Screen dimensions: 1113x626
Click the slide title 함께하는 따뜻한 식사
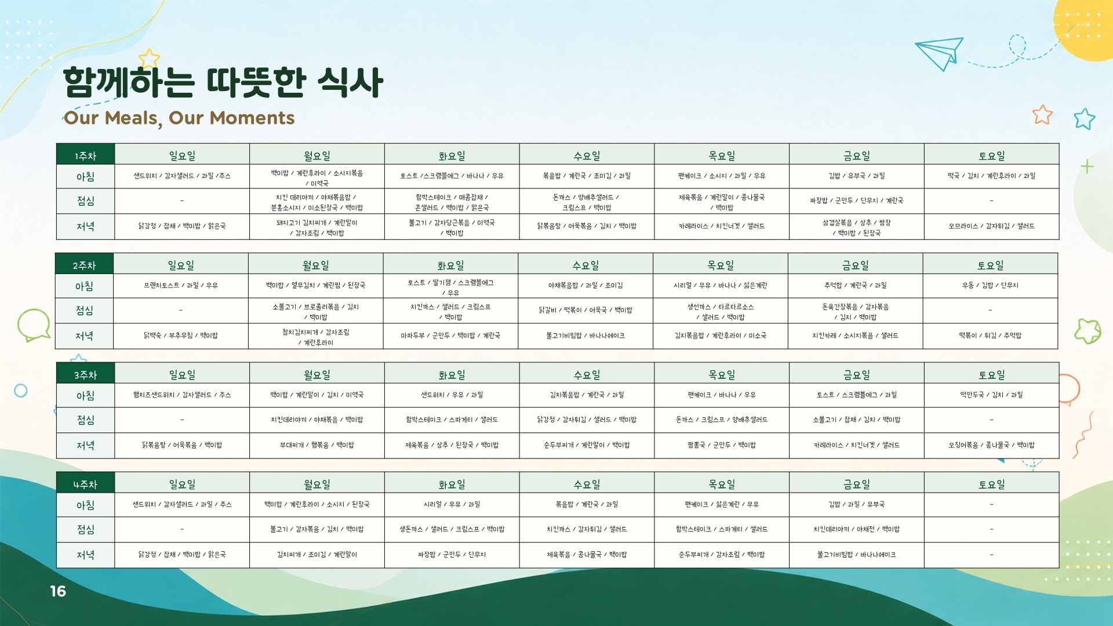(223, 82)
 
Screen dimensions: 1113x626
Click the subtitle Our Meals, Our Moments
(179, 118)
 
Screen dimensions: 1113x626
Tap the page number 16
(58, 591)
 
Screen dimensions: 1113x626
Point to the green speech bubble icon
(34, 325)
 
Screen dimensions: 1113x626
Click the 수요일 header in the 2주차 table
(585, 264)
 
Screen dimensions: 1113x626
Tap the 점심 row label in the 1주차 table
(85, 201)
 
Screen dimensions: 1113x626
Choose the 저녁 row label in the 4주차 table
(85, 555)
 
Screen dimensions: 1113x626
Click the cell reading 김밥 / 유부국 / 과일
(856, 176)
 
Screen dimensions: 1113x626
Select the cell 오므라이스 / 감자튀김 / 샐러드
(991, 227)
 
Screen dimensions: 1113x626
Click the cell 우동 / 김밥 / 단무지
(990, 286)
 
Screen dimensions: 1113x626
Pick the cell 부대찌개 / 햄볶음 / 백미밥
(317, 446)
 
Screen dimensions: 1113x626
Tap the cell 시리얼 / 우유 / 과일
(452, 505)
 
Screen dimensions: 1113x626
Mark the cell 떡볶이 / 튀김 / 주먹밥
(990, 336)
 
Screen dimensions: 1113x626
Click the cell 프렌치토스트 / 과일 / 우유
(181, 286)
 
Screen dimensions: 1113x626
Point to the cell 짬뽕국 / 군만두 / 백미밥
(721, 446)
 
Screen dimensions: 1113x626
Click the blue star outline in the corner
(1084, 118)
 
